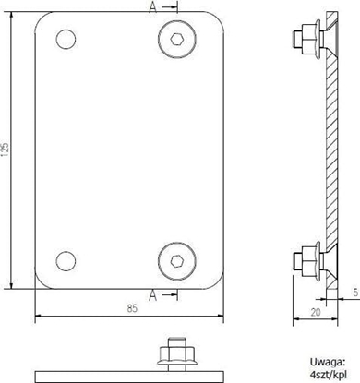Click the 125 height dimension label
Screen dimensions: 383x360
[x=7, y=149]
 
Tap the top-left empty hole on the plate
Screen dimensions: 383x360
[x=66, y=39]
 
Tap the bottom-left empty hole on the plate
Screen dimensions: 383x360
[x=66, y=259]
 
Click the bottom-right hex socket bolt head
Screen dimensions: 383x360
[x=176, y=258]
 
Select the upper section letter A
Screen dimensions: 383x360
[x=152, y=7]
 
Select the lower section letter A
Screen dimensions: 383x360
[x=152, y=296]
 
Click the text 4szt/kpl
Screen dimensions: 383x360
[x=328, y=377]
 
